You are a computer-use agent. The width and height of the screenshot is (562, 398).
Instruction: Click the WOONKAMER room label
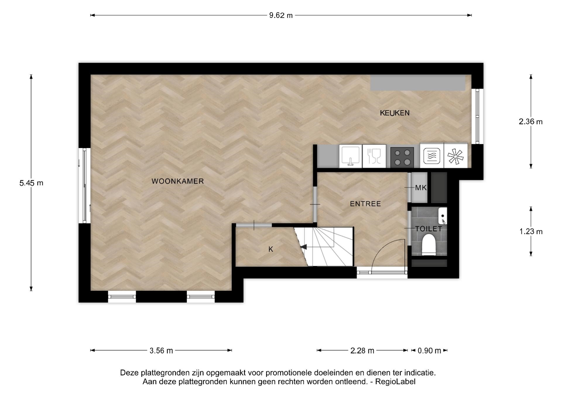178,181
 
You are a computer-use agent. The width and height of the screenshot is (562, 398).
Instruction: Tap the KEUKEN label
395,113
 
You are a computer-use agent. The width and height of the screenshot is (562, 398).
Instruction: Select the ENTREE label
365,204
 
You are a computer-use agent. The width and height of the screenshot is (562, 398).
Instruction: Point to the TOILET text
429,229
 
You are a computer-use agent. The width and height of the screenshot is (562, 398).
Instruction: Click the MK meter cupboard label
421,188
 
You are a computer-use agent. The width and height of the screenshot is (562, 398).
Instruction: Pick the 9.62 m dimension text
281,15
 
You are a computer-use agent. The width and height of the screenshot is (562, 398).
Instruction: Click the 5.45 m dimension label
31,183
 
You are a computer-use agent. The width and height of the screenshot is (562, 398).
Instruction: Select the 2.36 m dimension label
531,121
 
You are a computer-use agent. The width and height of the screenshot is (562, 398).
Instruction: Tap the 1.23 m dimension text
531,232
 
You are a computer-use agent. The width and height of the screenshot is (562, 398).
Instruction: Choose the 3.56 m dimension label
161,351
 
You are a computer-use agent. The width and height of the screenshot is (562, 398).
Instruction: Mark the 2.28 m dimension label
362,351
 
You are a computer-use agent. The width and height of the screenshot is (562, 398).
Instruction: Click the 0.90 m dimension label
429,351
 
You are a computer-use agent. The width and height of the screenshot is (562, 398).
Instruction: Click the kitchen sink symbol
351,156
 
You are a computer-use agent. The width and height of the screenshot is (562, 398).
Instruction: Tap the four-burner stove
402,157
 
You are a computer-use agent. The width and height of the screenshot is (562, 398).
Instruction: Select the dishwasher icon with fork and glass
374,156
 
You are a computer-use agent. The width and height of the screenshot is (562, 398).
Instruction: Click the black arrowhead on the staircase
304,247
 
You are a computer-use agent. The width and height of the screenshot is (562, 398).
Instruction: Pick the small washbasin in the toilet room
443,216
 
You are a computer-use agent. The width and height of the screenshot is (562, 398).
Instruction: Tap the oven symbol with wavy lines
432,156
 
